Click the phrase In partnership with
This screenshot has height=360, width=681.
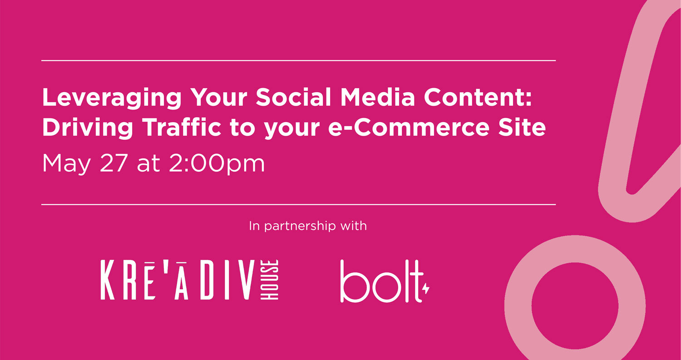pyautogui.click(x=307, y=226)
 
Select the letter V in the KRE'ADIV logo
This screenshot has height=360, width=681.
pyautogui.click(x=246, y=280)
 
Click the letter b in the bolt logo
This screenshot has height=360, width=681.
pyautogui.click(x=351, y=282)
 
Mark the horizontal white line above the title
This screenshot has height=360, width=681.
pyautogui.click(x=298, y=60)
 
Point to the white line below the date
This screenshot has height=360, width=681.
pyautogui.click(x=298, y=205)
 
